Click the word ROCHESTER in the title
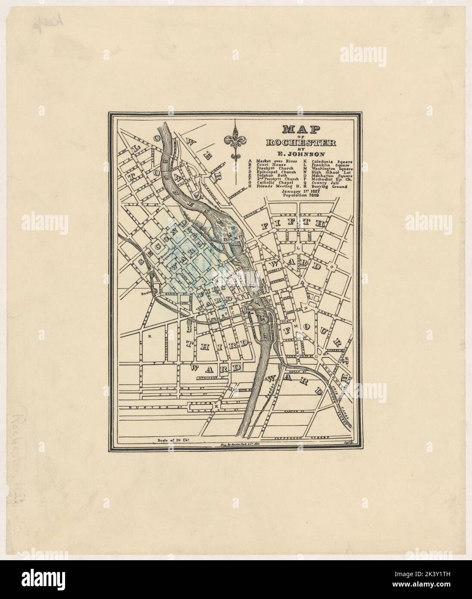tap(301, 143)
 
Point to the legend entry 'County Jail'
tap(325, 183)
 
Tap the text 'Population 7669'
tap(301, 195)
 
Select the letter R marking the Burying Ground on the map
tap(149, 335)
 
